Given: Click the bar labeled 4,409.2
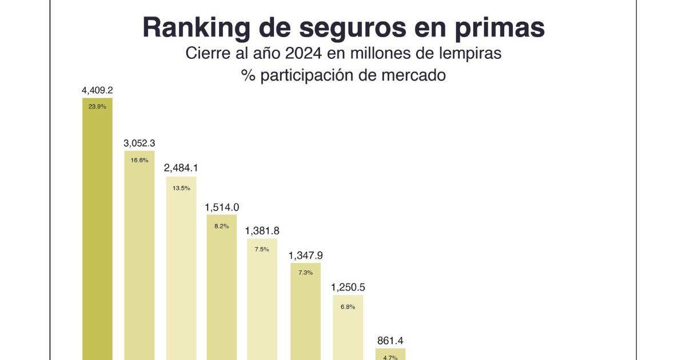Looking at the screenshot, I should point(97,240).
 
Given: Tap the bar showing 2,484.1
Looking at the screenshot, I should point(181,274).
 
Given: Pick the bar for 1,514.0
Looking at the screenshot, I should point(221,291).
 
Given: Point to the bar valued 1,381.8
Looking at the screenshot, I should point(262,303).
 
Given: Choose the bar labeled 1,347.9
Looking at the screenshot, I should point(305,314).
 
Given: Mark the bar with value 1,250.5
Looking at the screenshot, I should point(348,331).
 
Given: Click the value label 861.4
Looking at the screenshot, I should point(390,341).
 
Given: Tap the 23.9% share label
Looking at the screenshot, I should point(97,106).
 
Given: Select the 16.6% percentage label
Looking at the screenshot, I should point(139,161).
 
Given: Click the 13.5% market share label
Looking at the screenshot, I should point(181,188).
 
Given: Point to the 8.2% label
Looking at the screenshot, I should point(222,226).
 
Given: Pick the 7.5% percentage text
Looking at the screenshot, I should point(262,249).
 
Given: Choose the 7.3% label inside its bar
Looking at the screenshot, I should point(305,273).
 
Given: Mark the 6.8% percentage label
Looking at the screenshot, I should point(348,307).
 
